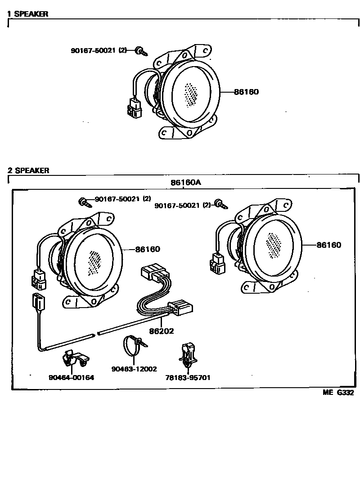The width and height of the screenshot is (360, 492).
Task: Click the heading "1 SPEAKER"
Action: [27, 14]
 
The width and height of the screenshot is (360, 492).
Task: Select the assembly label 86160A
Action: [185, 183]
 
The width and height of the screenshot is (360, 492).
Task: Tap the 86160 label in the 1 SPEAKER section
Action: [246, 92]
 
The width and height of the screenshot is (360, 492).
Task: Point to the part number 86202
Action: [162, 331]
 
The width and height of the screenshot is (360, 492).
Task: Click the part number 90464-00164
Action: [72, 377]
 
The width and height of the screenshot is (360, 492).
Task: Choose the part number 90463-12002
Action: [134, 369]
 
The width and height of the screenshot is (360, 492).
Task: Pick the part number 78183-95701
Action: [188, 378]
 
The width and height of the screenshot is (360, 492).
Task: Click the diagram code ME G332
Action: [338, 392]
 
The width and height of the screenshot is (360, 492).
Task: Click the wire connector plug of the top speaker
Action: [133, 108]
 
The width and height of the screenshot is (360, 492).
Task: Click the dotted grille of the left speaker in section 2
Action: [95, 262]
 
